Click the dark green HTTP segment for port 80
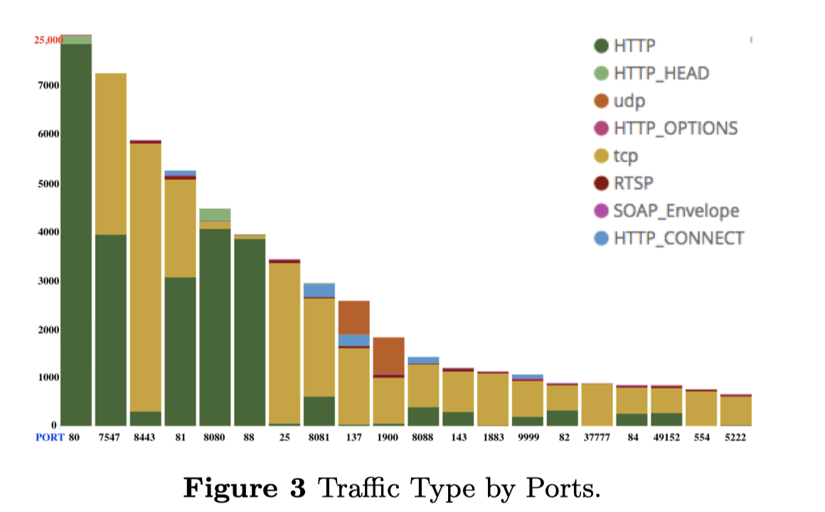point(76,235)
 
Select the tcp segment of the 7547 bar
point(111,154)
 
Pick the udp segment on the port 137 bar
point(353,317)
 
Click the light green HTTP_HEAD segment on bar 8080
point(215,215)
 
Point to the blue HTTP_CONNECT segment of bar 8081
point(319,290)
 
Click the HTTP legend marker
point(602,46)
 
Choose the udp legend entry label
point(629,101)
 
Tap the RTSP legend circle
point(602,183)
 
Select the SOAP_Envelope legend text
point(676,210)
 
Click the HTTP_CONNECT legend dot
point(602,238)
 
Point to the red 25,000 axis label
point(48,40)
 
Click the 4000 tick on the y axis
point(48,232)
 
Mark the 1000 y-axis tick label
point(48,378)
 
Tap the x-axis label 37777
point(597,437)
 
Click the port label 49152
point(666,437)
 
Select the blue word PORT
point(50,437)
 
